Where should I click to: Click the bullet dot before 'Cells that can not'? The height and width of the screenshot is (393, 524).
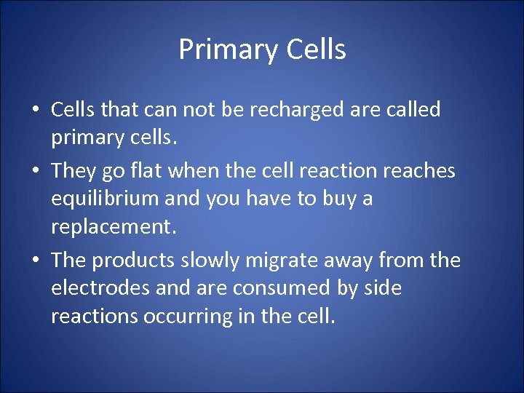35,111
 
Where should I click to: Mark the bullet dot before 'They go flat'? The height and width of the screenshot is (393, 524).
35,172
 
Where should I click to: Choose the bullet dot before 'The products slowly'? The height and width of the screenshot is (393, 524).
35,261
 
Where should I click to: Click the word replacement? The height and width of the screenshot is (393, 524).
114,228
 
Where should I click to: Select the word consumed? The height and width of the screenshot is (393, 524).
279,288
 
